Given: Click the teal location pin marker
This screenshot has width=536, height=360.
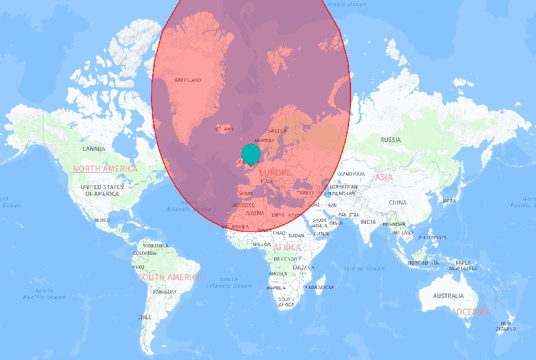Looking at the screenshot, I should point(251,154).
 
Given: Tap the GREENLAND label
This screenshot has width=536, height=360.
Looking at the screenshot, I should point(188,80).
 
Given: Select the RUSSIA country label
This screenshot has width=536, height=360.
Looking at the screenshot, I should point(391,139).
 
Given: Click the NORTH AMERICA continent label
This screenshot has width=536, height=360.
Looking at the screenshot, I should point(105,169).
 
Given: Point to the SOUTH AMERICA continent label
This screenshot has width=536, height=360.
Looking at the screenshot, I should point(169,277).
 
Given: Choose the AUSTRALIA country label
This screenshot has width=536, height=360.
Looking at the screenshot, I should point(448,296).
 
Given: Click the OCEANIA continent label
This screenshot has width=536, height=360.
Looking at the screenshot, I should point(474,312).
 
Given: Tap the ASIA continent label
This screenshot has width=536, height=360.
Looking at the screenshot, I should point(384,177).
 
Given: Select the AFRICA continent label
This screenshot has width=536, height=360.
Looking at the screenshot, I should point(287,247).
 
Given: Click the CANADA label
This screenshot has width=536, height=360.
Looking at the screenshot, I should point(93,148).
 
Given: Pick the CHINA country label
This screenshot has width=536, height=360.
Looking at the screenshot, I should point(397,202).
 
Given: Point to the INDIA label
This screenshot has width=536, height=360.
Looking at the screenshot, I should point(368,222).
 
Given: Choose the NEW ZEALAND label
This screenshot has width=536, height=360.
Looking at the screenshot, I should point(505,326).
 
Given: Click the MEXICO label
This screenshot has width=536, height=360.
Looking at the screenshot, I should point(102,220).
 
